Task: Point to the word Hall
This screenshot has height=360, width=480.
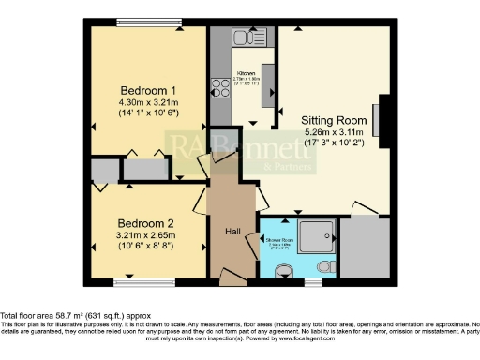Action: click(x=234, y=231)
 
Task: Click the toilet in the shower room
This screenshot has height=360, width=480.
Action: click(x=284, y=271)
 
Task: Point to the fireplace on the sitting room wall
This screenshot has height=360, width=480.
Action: click(x=379, y=119)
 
